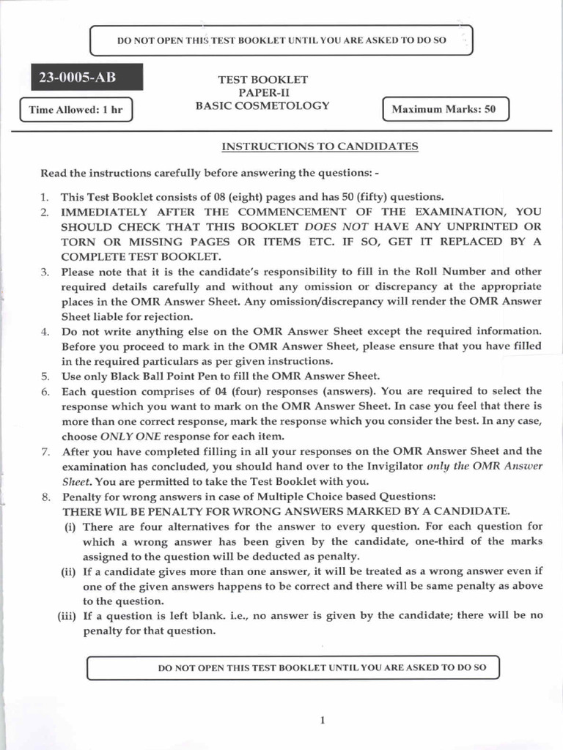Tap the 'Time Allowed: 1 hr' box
(x=76, y=110)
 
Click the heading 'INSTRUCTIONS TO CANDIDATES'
(x=320, y=146)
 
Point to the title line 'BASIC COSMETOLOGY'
(x=262, y=105)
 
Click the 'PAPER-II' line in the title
(x=262, y=92)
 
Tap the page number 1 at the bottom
(x=322, y=720)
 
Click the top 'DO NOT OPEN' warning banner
(x=281, y=40)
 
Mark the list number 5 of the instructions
(x=45, y=376)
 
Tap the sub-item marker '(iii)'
(x=68, y=615)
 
